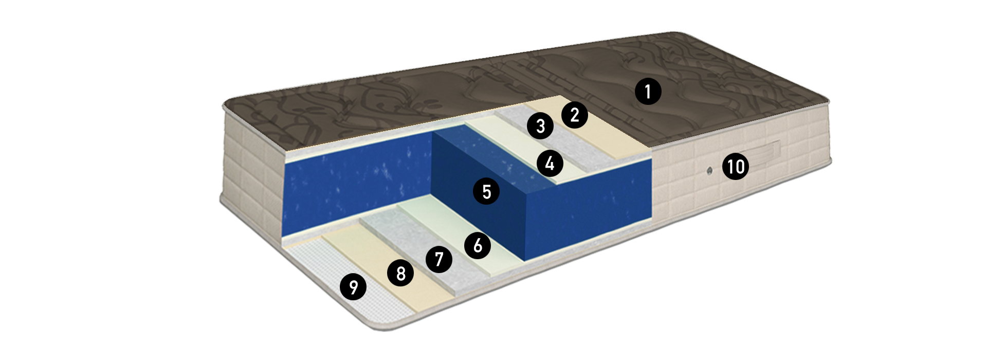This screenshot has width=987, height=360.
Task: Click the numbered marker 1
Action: pyautogui.click(x=648, y=92)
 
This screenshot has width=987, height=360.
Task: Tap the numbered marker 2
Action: pyautogui.click(x=575, y=115)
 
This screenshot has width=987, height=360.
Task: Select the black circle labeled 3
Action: pyautogui.click(x=540, y=125)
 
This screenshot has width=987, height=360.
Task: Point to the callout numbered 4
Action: pyautogui.click(x=550, y=164)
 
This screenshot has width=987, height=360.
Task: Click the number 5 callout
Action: pyautogui.click(x=486, y=191)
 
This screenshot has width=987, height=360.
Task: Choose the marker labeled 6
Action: pyautogui.click(x=478, y=245)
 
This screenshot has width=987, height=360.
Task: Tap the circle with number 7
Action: pyautogui.click(x=439, y=258)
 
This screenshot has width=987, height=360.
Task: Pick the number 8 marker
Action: pyautogui.click(x=401, y=273)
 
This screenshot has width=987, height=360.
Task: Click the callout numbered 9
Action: pyautogui.click(x=353, y=286)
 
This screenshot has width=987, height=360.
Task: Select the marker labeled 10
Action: pyautogui.click(x=736, y=167)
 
